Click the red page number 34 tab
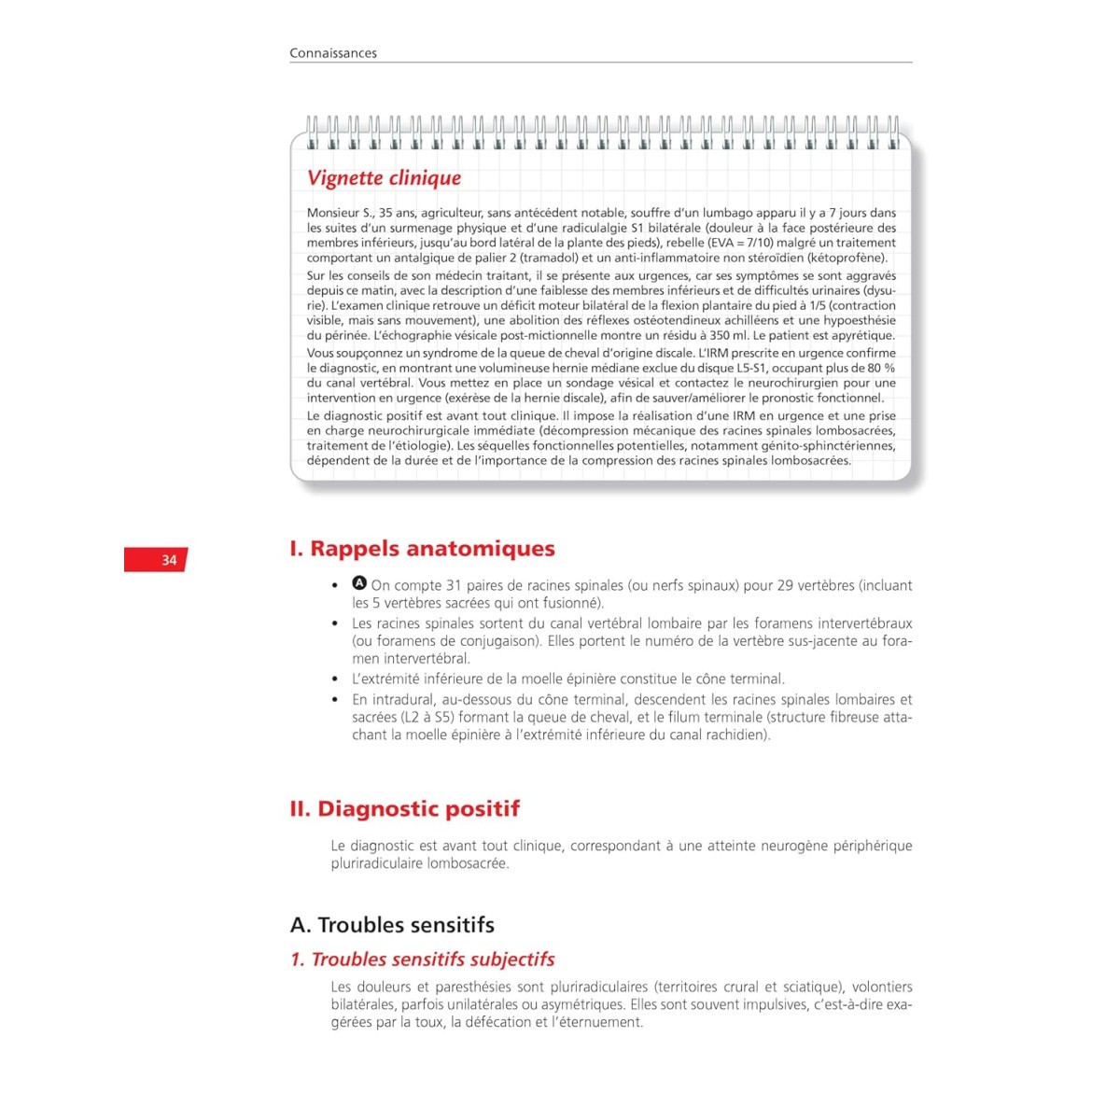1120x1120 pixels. tap(157, 560)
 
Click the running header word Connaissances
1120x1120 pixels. tap(333, 53)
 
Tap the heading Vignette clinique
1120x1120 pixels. tap(384, 178)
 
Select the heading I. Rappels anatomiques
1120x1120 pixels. tap(422, 549)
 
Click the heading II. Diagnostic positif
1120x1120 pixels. tap(404, 808)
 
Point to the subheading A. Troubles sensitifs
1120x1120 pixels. tap(392, 925)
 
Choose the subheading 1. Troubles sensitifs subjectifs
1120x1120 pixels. tap(422, 959)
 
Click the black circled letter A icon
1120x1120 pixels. tap(359, 583)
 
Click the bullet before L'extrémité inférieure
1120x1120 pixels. tap(335, 679)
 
